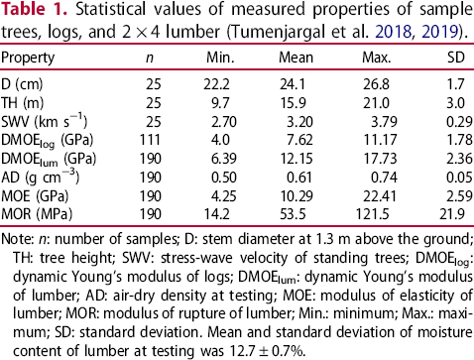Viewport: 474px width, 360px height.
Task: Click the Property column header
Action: pos(28,59)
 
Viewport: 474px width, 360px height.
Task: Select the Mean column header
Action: pos(296,58)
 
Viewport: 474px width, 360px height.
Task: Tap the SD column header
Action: pos(456,58)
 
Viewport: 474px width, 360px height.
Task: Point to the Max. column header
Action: pos(377,58)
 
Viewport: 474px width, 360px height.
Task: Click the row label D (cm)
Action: pos(22,84)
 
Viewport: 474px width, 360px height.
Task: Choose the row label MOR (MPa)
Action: pos(37,214)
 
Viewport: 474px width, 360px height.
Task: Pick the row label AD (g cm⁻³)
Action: pos(41,177)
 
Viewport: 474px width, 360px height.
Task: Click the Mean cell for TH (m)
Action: pos(293,103)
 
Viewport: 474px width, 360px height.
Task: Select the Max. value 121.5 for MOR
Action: pos(373,214)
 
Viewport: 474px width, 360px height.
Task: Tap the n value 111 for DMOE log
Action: pos(150,140)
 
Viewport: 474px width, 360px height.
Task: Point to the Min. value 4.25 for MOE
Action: pos(224,195)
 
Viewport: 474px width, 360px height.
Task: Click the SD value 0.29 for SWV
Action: pos(459,122)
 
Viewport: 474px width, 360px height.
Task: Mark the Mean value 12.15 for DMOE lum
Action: pos(296,159)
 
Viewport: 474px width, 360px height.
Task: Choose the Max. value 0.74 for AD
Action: pos(384,178)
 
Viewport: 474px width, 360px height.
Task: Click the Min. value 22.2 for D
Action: pos(216,84)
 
